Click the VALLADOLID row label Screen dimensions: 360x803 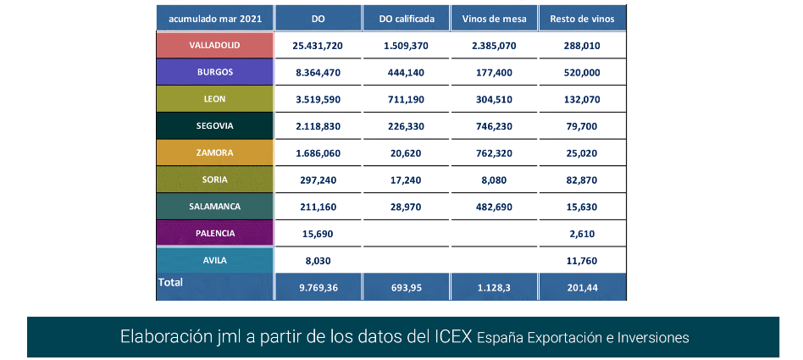[215, 46]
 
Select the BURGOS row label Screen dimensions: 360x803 [215, 73]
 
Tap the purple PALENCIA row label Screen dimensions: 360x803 [215, 233]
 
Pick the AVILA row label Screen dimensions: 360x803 [215, 261]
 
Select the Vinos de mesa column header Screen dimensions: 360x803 [494, 18]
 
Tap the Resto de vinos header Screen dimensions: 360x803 [581, 18]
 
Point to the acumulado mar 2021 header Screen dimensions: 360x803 [215, 18]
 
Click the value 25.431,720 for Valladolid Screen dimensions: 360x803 [318, 46]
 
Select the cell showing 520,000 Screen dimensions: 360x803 [581, 73]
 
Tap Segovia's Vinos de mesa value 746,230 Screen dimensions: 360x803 [494, 126]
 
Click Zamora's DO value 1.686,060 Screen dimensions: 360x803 [318, 153]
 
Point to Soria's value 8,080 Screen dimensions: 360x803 [494, 180]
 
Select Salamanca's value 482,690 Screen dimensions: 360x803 [494, 207]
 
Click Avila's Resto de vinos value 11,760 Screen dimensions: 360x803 [581, 261]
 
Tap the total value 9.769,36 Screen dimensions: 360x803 [318, 287]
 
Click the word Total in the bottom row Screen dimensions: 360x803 [170, 282]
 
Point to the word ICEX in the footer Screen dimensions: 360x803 [450, 337]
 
